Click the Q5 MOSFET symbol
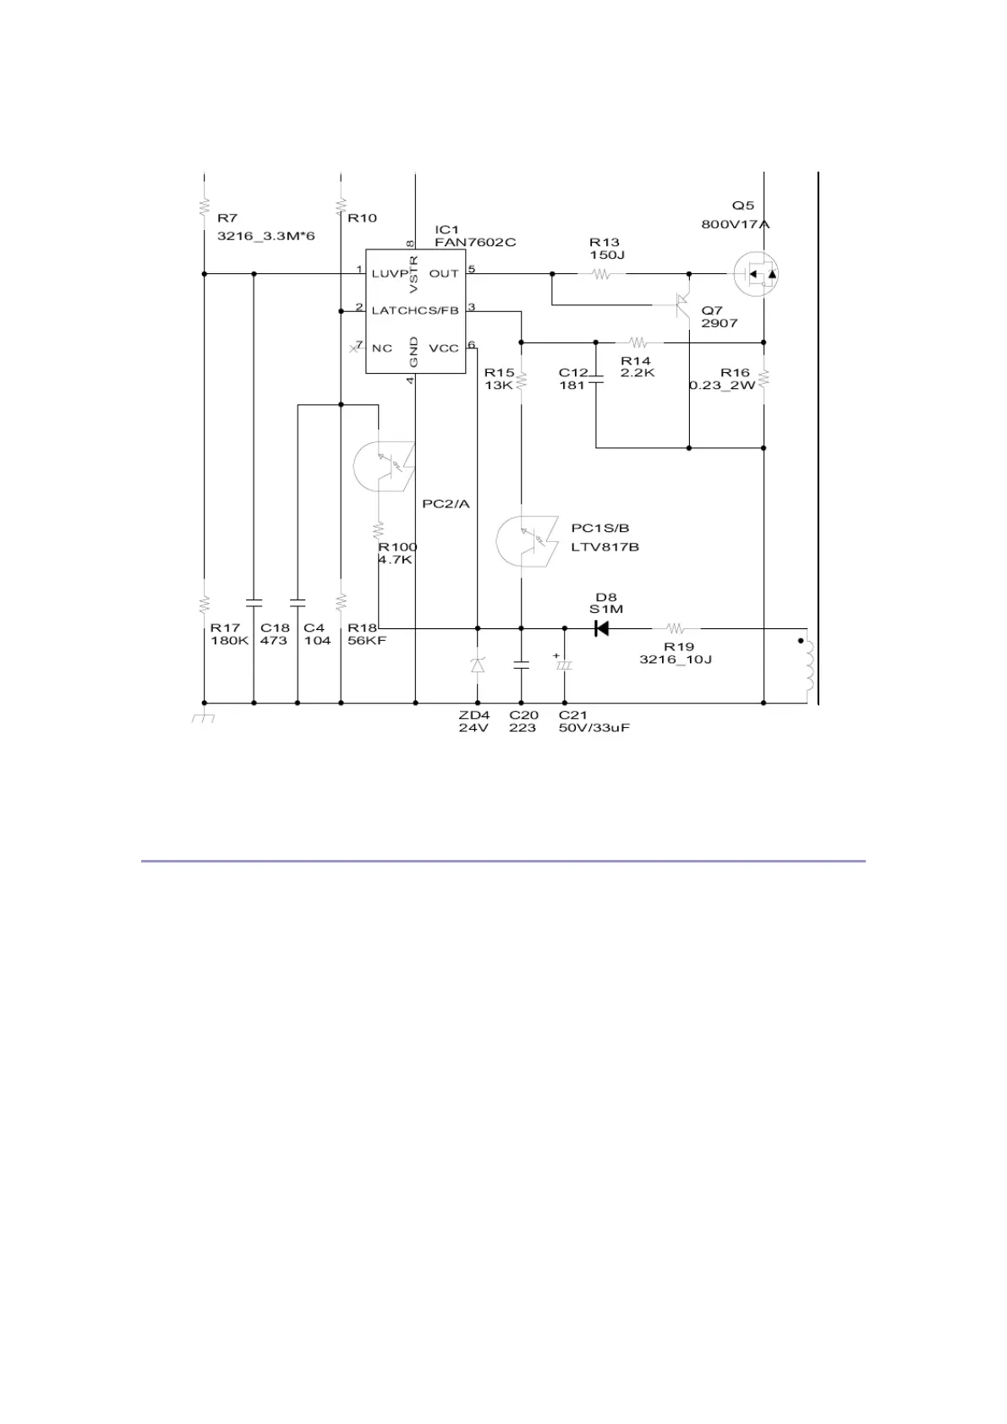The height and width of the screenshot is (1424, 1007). [754, 274]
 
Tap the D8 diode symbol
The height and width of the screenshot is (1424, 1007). [601, 628]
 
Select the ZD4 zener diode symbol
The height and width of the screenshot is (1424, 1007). [478, 665]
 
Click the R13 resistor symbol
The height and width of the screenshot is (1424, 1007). [601, 274]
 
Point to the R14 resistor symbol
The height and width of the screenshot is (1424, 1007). [638, 342]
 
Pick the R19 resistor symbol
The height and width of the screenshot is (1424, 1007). [676, 628]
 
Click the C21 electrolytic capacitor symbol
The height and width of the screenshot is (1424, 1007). [564, 665]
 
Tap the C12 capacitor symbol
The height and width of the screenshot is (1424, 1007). [596, 378]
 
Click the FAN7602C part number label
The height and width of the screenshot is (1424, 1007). [475, 243]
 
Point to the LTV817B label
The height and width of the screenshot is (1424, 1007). [605, 547]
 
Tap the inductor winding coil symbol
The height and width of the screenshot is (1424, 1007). [809, 665]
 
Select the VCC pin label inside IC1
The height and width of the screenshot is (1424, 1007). [443, 348]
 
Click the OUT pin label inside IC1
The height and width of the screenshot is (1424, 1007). [443, 273]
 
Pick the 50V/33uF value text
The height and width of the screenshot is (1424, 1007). [594, 728]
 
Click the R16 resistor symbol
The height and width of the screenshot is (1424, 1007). [763, 378]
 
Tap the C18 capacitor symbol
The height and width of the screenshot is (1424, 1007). [254, 603]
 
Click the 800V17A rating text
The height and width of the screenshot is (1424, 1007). [735, 224]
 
